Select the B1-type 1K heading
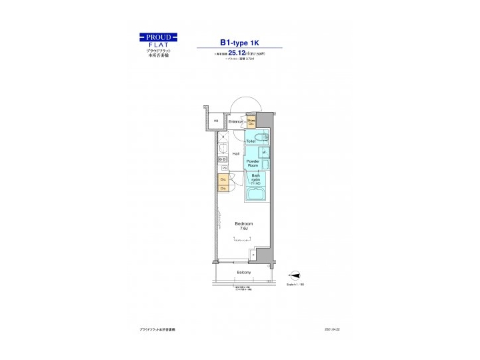coord(238,39)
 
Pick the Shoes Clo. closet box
coord(252,122)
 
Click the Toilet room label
coord(251,141)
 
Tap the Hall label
coord(236,153)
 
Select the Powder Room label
coord(253,165)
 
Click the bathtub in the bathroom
coord(256,195)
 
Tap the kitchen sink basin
coord(223,149)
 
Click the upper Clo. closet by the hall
coord(223,179)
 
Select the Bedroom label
coord(243,223)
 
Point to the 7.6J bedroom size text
coord(243,229)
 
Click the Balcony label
coord(243,273)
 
